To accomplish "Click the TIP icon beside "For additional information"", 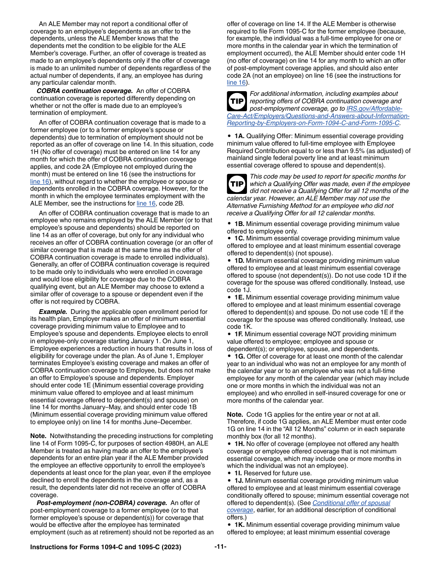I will point(237,101).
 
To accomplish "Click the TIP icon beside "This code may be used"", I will point(237,184).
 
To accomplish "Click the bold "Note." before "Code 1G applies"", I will point(235,414).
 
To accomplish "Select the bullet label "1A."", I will point(239,136).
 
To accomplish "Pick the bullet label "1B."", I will point(239,224).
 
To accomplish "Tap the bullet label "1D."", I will point(239,261).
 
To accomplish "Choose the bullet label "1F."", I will point(239,334).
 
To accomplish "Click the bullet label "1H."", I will point(239,444).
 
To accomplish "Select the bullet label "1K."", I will point(239,525).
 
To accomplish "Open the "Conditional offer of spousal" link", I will point(351,503).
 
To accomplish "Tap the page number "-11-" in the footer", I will point(220,547).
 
